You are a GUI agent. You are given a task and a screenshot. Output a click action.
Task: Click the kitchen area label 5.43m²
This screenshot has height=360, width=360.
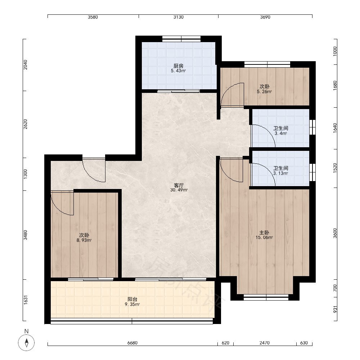[x=178, y=71]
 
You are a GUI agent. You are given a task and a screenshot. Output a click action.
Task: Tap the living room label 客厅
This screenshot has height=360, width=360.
[x=179, y=185]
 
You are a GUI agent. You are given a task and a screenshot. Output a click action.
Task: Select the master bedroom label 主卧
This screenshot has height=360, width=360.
[x=264, y=233]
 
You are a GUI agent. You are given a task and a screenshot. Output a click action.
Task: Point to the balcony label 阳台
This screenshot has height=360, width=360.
[x=132, y=299]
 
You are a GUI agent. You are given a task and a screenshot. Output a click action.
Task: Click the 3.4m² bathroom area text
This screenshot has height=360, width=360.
[x=280, y=134]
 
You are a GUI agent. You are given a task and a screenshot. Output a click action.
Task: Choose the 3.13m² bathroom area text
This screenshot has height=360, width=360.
[x=280, y=174]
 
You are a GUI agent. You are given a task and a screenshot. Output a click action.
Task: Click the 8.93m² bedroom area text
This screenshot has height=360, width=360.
[x=84, y=240]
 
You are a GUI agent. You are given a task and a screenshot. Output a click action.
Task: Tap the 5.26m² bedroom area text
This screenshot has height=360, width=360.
[x=264, y=91]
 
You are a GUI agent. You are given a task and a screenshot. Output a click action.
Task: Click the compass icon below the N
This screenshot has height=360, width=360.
[x=26, y=343]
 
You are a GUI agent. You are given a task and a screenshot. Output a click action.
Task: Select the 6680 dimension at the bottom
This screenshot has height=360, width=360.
[x=132, y=343]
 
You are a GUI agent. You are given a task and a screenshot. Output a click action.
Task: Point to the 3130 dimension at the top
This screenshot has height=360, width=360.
[x=179, y=17]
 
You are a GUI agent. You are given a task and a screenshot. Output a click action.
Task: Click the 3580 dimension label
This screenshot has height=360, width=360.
[x=93, y=17]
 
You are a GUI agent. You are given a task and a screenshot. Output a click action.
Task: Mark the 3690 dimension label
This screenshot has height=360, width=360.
[x=265, y=17]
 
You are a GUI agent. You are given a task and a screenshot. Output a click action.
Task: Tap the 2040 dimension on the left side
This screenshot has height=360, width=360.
[x=26, y=65]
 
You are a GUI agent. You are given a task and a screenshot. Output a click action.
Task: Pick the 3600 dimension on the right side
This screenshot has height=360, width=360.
[x=335, y=233]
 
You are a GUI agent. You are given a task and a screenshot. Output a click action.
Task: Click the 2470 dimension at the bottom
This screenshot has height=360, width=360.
[x=265, y=343]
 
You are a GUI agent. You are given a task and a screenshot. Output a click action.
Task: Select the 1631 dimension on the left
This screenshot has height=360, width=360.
[x=26, y=300]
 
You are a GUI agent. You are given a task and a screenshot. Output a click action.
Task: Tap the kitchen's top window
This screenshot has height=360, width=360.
[x=181, y=39]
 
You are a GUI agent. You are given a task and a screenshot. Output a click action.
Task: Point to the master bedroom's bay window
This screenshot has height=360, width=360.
[x=266, y=297]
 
